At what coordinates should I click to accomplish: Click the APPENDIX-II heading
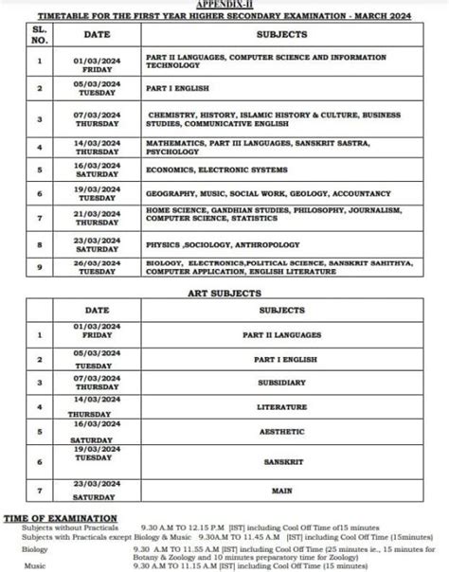(x=224, y=4)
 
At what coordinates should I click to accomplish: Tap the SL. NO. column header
(x=39, y=34)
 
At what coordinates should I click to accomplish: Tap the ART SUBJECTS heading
(x=224, y=293)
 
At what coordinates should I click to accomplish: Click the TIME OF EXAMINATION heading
(x=62, y=518)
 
